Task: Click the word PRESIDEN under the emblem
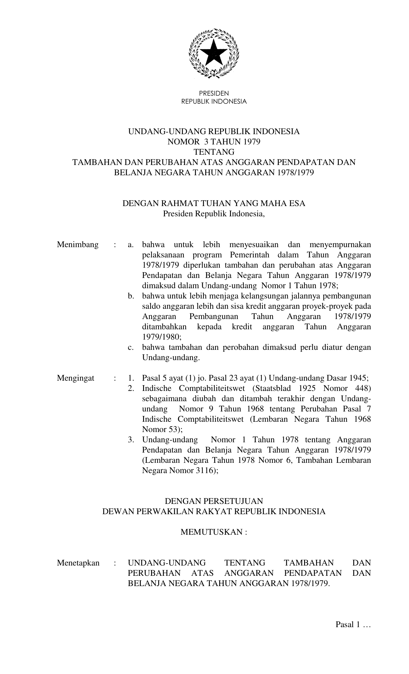pyautogui.click(x=214, y=93)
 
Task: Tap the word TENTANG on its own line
pyautogui.click(x=214, y=151)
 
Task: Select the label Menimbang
pyautogui.click(x=78, y=245)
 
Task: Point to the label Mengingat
pyautogui.click(x=76, y=378)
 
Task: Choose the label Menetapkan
pyautogui.click(x=78, y=563)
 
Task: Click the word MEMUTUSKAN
pyautogui.click(x=212, y=532)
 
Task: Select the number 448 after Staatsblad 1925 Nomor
pyautogui.click(x=363, y=388)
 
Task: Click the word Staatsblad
pyautogui.click(x=271, y=388)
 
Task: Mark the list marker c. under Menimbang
pyautogui.click(x=131, y=347)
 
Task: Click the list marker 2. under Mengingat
pyautogui.click(x=131, y=388)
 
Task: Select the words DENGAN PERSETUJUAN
pyautogui.click(x=214, y=501)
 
